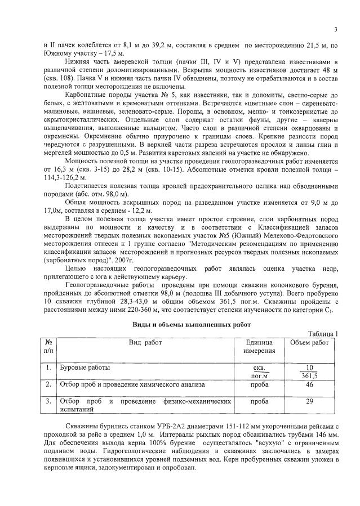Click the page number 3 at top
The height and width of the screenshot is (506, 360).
point(335,29)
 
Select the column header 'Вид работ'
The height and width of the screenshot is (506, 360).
point(145,342)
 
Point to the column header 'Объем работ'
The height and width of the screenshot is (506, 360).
point(309,342)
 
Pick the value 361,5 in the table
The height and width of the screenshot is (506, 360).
point(309,376)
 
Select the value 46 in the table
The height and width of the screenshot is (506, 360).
point(309,384)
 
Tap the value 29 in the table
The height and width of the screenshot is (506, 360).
point(309,402)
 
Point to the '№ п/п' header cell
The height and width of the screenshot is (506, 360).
point(48,347)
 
